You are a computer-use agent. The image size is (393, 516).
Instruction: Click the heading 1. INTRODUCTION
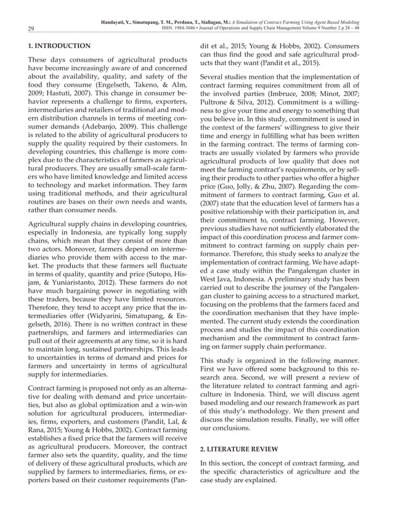pyautogui.click(x=55, y=46)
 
